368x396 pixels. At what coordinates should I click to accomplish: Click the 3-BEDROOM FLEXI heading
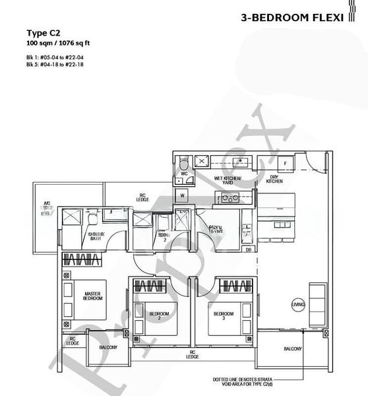tap(293, 18)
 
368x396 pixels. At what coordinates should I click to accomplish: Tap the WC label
tap(184, 174)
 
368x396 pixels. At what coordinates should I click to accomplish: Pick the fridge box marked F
tap(284, 162)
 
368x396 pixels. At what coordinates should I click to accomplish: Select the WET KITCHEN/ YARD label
tap(228, 180)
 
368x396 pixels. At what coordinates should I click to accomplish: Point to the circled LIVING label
tap(299, 304)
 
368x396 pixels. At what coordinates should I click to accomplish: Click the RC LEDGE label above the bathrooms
tap(141, 197)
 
